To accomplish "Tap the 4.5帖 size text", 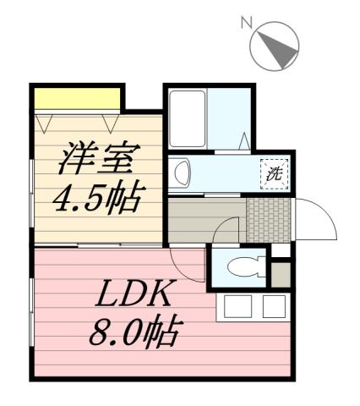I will click(95, 199).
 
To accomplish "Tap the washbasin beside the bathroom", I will click(182, 174).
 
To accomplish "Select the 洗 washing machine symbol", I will click(275, 175).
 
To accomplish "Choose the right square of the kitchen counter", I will click(273, 306).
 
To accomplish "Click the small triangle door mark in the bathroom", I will click(243, 140).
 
